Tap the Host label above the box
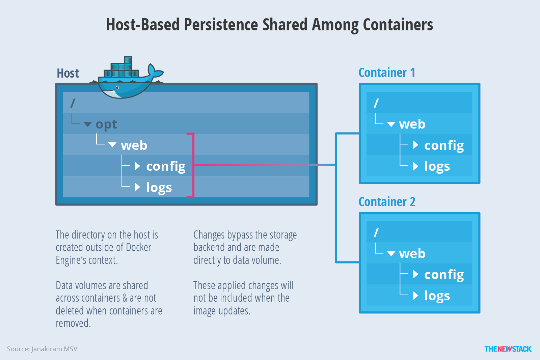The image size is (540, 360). coord(67,73)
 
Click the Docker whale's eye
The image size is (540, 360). coord(117,88)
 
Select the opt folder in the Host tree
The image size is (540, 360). coord(106,124)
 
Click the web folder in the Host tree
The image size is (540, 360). coord(134,145)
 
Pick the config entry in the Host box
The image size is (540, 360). coord(165,166)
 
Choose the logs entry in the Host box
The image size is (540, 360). coord(159,187)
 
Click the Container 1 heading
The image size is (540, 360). coord(386,73)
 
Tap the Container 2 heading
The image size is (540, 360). coord(386,202)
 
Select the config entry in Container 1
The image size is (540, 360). coord(443,145)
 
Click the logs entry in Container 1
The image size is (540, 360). coord(437,166)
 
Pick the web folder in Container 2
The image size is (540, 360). coord(412,253)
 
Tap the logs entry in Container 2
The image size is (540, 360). coord(437,296)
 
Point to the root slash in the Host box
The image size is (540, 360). coord(73,103)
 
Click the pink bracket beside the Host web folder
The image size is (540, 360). coord(193,165)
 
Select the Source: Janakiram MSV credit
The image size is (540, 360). coord(42,349)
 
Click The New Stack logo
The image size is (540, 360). coord(508,349)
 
